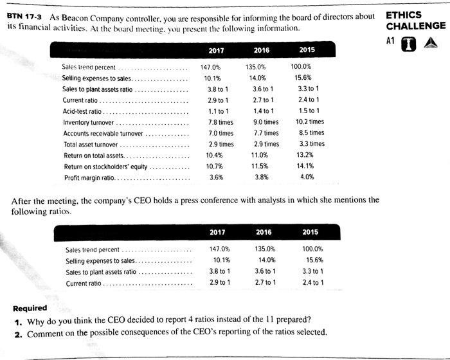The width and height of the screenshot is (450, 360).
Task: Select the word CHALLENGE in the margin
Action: click(415, 26)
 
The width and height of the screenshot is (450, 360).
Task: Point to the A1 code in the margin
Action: click(389, 40)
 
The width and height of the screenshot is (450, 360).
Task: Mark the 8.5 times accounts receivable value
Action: click(312, 133)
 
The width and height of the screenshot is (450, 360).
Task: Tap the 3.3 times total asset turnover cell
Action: click(312, 144)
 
